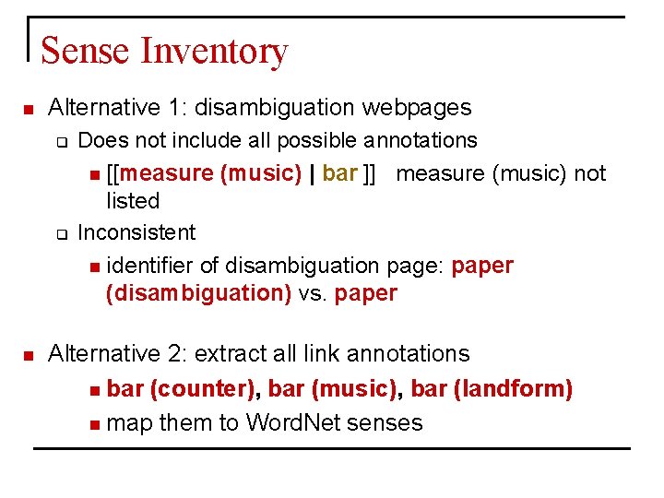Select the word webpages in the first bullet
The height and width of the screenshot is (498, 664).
(416, 108)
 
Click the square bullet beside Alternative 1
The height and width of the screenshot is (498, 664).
(28, 110)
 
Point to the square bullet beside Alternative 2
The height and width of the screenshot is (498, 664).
(28, 355)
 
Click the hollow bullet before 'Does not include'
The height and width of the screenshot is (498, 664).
(62, 142)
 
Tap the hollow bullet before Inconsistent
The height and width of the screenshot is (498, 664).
(62, 233)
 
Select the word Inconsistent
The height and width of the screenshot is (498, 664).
(136, 232)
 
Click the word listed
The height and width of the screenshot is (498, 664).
(133, 201)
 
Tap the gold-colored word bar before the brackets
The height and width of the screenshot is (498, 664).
(339, 173)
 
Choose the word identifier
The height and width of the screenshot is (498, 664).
(149, 266)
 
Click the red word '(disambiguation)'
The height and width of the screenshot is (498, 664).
(198, 294)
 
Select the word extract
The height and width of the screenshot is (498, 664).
(227, 353)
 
